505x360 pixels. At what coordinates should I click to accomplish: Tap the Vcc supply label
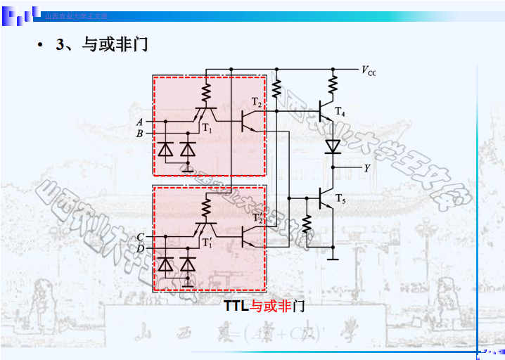point(369,70)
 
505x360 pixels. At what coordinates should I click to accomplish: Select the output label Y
point(366,168)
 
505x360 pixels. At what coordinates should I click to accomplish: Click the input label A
point(139,122)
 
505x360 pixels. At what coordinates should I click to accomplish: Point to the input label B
point(139,133)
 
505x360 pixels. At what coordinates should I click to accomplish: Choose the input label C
point(140,237)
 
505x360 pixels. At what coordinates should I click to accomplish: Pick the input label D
point(140,248)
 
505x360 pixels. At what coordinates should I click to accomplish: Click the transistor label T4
point(340,112)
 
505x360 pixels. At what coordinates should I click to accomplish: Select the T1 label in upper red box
point(207,128)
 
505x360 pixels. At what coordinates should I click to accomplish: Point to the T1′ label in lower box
point(207,243)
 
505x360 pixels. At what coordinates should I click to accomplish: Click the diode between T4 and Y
point(333,146)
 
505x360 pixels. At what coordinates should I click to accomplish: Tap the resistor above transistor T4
point(333,86)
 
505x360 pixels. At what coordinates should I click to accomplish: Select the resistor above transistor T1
point(206,92)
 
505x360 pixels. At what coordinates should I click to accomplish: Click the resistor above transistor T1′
point(206,207)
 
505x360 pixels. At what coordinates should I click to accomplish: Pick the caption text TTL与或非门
point(264,306)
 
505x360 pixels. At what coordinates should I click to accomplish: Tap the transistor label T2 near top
point(257,104)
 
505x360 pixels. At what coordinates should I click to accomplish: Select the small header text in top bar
point(76,15)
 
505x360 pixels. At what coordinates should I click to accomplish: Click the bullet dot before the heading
point(40,46)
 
